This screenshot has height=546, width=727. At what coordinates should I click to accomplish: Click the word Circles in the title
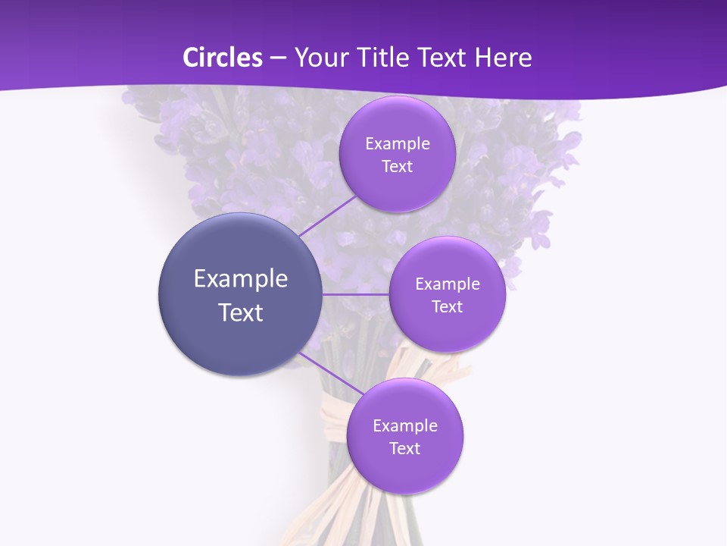(222, 58)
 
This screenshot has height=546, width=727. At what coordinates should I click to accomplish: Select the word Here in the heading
(503, 58)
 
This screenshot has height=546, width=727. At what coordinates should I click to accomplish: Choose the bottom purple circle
(405, 470)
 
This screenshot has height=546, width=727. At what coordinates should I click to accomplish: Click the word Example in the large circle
(241, 279)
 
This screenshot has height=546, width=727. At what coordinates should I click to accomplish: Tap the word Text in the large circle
(241, 312)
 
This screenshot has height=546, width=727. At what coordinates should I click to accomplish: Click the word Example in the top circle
(398, 144)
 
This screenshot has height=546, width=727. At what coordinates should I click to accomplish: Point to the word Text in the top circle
(398, 167)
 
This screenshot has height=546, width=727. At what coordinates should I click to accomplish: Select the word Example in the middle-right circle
(448, 284)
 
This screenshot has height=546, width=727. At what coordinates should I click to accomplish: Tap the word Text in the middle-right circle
(448, 307)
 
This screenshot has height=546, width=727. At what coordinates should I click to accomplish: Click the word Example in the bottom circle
(405, 426)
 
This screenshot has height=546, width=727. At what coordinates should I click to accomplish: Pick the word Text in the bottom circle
(405, 449)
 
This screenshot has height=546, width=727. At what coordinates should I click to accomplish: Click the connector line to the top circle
(327, 215)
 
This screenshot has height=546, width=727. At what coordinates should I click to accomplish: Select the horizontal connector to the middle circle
(355, 294)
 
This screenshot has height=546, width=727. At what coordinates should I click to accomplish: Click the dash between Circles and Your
(277, 58)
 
